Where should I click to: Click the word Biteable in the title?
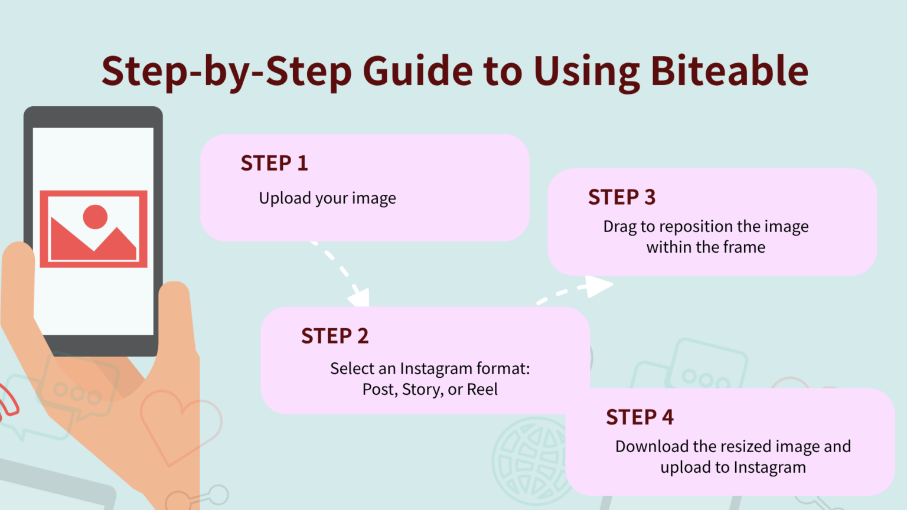(x=729, y=71)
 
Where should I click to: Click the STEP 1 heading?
(x=274, y=163)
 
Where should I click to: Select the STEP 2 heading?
(x=335, y=336)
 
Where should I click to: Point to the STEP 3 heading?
(x=622, y=197)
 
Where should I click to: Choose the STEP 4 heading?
(x=640, y=417)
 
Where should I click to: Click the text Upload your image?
(x=327, y=198)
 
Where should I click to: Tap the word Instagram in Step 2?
(x=436, y=369)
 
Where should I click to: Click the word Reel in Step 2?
(x=482, y=390)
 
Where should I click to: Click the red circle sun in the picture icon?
(x=95, y=217)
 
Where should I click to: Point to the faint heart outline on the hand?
(x=177, y=425)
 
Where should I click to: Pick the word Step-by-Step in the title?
(x=227, y=71)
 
